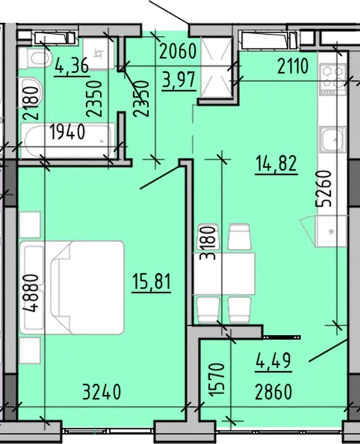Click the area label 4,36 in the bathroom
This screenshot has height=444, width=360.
point(72,67)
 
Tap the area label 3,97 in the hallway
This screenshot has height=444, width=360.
point(179,80)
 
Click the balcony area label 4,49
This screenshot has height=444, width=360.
point(273,361)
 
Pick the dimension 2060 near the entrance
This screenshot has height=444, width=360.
point(178,51)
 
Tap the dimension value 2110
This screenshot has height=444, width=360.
point(293,67)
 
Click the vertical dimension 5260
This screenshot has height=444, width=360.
point(324,189)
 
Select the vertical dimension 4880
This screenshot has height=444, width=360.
point(31,293)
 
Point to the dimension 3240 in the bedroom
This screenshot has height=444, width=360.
point(102,392)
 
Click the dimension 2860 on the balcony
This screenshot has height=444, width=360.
point(273,392)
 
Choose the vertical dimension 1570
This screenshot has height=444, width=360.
point(218,379)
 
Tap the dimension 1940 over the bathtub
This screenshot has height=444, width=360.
point(68,133)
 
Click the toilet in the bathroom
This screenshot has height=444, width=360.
point(35,58)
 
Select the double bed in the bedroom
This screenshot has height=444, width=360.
point(72,287)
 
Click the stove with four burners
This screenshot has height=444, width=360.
point(333,79)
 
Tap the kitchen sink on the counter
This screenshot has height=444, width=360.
point(333,139)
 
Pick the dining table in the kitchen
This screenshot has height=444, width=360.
point(224,273)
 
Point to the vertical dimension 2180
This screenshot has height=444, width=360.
point(31,103)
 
